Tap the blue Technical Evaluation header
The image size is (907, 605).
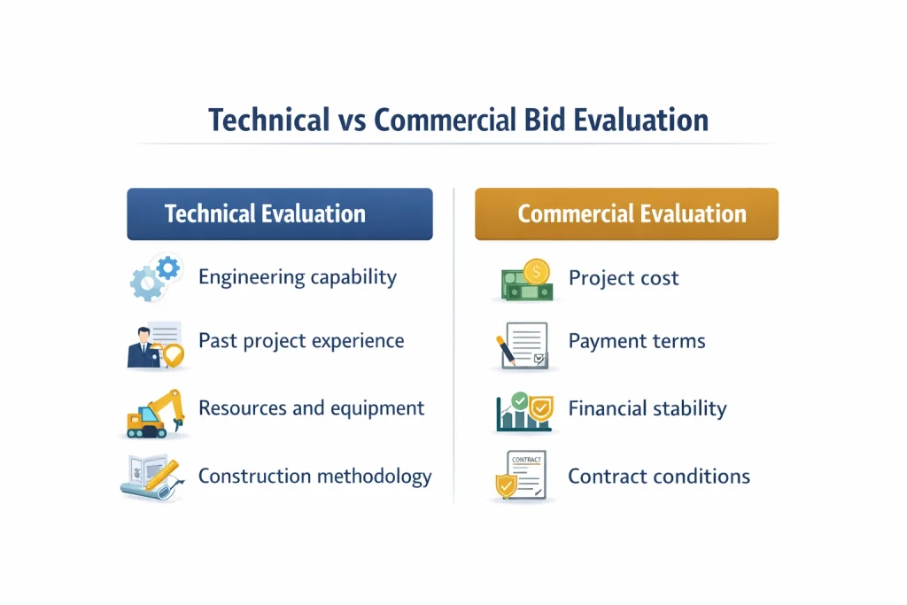pyautogui.click(x=280, y=214)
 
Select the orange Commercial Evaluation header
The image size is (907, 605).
pyautogui.click(x=626, y=214)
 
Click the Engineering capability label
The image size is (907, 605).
pyautogui.click(x=298, y=277)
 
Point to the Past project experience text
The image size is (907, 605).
pyautogui.click(x=301, y=341)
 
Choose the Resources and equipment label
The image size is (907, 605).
pyautogui.click(x=311, y=408)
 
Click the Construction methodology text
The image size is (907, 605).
pyautogui.click(x=314, y=477)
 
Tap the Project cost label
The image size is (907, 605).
pyautogui.click(x=623, y=278)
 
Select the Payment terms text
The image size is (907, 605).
pyautogui.click(x=636, y=341)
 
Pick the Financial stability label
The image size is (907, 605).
pyautogui.click(x=647, y=409)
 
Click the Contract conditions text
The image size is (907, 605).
pyautogui.click(x=659, y=477)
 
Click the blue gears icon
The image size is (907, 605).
pyautogui.click(x=155, y=277)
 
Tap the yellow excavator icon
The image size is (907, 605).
pyautogui.click(x=156, y=413)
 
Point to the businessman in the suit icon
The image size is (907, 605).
pyautogui.click(x=143, y=347)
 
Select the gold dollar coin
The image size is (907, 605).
pyautogui.click(x=536, y=272)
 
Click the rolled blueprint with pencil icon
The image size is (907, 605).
pyautogui.click(x=152, y=477)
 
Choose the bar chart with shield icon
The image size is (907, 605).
pyautogui.click(x=524, y=412)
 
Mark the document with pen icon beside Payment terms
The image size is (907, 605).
pyautogui.click(x=523, y=345)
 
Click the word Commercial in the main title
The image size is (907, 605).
pyautogui.click(x=445, y=120)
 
